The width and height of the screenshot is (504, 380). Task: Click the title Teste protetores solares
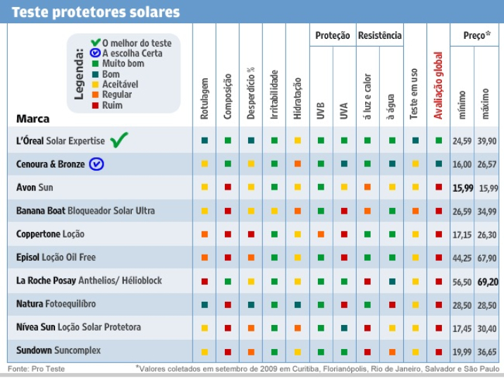point(96,12)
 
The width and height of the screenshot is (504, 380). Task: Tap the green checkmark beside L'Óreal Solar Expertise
point(118,140)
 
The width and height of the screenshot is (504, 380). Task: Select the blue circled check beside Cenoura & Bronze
point(97,164)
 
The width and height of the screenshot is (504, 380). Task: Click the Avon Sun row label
point(35,187)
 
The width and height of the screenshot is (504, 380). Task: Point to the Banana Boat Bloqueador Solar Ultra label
point(85,210)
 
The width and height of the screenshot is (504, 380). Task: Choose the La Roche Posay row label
point(89,280)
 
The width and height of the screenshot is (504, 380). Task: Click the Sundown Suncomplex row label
point(59,350)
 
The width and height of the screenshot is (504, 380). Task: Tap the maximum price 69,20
point(487,281)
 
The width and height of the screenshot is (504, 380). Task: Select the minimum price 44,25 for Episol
point(462,257)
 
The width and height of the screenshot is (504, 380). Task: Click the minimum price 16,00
point(462,164)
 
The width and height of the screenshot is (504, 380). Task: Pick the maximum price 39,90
point(487,141)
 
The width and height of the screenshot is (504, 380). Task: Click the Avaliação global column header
point(438,85)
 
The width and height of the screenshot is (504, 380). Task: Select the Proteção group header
point(332,35)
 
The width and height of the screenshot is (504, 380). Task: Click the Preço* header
point(477,35)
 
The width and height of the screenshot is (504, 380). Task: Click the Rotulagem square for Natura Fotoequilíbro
point(204,304)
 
